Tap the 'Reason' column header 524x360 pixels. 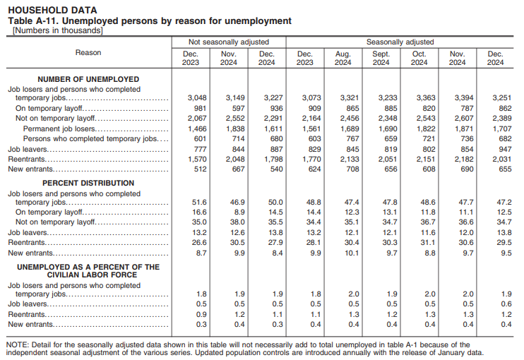[88, 53]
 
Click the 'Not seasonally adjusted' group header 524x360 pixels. [229, 42]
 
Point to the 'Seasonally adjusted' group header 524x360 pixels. [400, 42]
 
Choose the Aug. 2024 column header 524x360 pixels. [343, 58]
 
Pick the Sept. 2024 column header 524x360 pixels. [381, 58]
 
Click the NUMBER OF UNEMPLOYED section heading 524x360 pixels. [88, 79]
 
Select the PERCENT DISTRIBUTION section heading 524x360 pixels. [88, 183]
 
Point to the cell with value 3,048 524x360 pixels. [196, 97]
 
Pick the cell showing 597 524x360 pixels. [233, 108]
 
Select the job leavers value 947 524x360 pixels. [501, 150]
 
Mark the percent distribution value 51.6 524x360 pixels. [199, 201]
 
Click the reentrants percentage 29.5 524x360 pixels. [501, 242]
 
